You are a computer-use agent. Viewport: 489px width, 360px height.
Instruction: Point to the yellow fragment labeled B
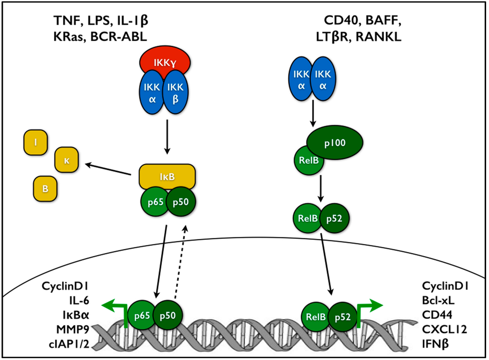click(x=45, y=188)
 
